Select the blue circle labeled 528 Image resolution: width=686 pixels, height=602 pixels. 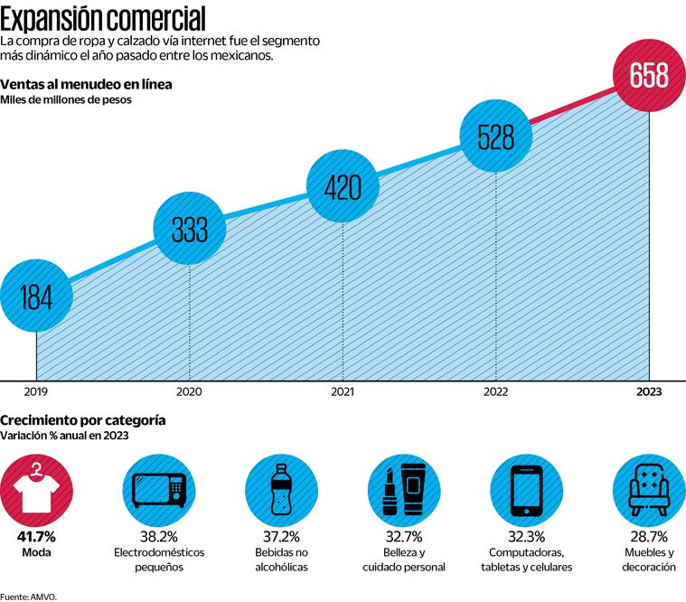(495, 136)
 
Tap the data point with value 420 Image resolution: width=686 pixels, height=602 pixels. (342, 187)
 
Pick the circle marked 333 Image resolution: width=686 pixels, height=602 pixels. (189, 230)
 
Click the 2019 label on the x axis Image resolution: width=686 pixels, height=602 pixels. (35, 391)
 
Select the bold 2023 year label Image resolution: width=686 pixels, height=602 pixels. (649, 391)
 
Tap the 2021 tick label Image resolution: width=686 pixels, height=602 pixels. (342, 391)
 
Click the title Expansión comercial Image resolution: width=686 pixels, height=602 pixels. (102, 17)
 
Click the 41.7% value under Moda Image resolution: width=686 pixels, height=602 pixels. (35, 536)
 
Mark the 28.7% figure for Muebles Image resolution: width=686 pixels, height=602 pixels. (648, 536)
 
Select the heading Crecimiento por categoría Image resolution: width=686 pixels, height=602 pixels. (82, 420)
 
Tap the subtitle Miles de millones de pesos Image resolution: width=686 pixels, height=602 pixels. (66, 100)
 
